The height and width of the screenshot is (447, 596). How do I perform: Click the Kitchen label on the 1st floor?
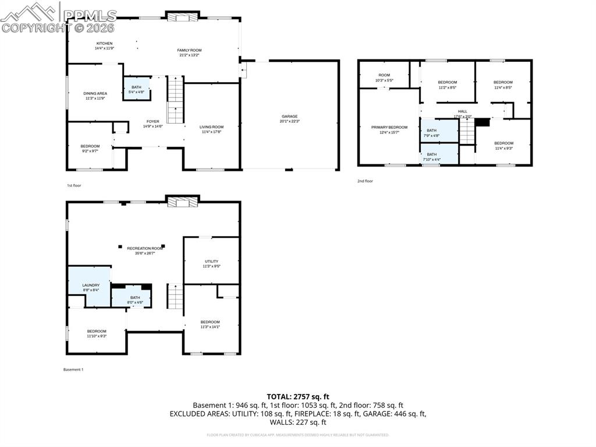[104, 44]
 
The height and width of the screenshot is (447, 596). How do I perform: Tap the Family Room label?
[189, 51]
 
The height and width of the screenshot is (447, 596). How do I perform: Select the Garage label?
[289, 117]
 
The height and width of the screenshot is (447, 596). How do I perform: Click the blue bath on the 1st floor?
[136, 89]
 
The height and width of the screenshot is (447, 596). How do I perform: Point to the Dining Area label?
[95, 94]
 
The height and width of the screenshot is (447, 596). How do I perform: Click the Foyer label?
[152, 122]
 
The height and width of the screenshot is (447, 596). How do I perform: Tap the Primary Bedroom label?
[389, 127]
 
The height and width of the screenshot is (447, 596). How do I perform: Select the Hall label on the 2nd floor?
[462, 111]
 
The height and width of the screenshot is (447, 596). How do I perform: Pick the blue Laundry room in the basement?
[90, 286]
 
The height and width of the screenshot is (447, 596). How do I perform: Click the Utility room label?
[211, 262]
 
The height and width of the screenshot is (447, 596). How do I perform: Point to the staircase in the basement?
[175, 297]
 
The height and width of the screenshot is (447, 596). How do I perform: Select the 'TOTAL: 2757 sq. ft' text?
[297, 396]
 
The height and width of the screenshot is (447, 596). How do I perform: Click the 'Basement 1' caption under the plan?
[73, 369]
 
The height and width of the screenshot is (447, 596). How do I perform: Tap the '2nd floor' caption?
[365, 181]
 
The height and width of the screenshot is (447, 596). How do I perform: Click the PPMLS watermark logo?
[58, 17]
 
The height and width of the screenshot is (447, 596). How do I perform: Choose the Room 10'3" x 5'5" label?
[384, 75]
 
